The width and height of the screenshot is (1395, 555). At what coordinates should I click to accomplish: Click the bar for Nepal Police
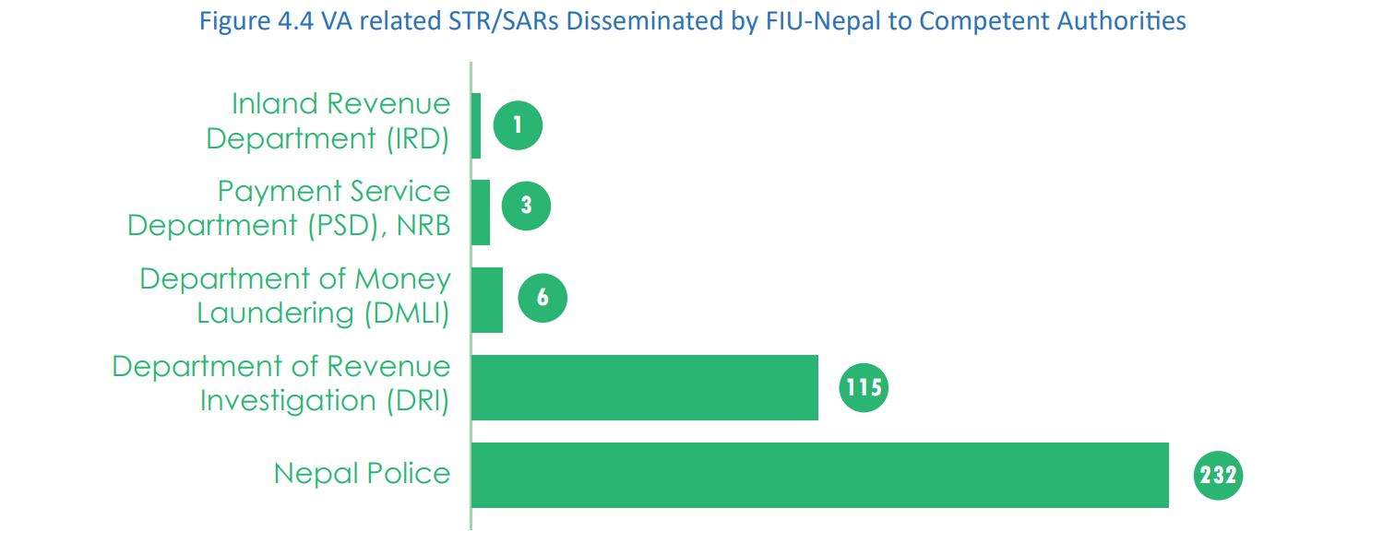[819, 475]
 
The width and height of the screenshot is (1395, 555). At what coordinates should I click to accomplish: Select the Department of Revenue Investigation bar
[645, 387]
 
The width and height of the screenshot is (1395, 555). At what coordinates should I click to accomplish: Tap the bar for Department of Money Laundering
[486, 300]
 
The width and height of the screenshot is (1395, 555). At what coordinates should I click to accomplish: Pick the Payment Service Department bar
[480, 212]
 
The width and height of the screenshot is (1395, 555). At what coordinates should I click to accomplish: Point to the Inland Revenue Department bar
[476, 125]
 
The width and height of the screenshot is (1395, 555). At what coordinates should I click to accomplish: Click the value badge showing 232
[1219, 475]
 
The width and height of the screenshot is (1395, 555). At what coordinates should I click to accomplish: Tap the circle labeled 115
[863, 387]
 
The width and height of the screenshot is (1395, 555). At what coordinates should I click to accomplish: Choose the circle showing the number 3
[526, 205]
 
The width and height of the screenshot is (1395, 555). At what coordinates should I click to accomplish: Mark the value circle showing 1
[518, 125]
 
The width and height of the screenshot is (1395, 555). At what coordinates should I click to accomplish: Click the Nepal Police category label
[362, 474]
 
